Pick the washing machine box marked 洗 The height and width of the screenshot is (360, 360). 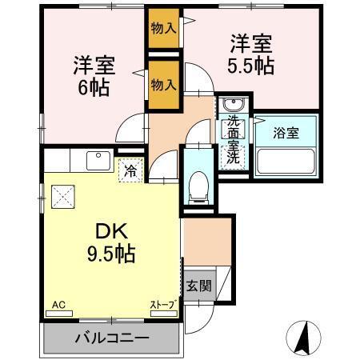point(233,158)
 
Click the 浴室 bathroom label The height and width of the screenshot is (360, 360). point(287,133)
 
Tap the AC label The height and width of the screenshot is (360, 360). point(59,305)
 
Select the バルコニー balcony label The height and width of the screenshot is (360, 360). point(112,337)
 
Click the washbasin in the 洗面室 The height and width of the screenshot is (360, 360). point(233,106)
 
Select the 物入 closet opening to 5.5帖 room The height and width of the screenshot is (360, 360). point(163,29)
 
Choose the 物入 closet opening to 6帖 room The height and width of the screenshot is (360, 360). point(163,84)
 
